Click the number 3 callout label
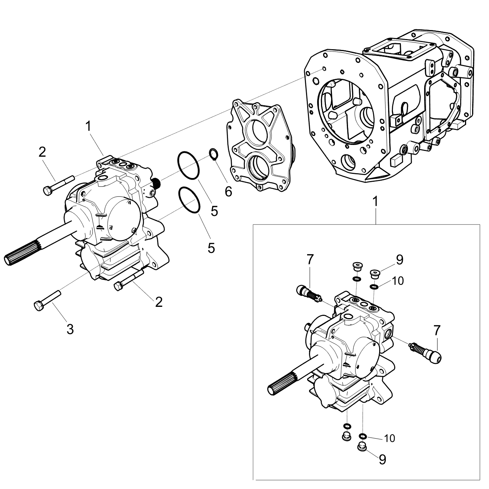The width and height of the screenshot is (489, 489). [70, 329]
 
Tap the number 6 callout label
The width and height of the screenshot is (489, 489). [228, 192]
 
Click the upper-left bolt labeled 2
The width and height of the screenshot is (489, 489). [58, 186]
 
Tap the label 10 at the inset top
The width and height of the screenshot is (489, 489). [397, 281]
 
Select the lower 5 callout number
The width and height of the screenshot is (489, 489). [211, 248]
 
